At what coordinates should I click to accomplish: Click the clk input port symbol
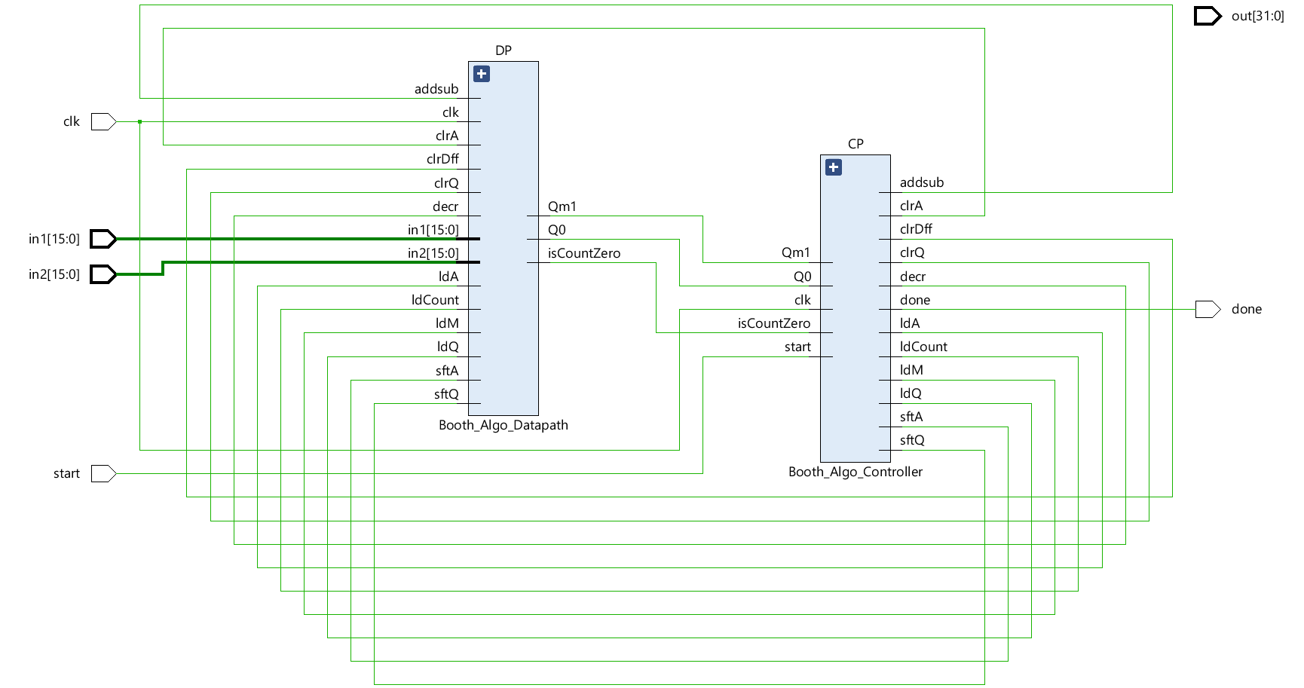click(103, 121)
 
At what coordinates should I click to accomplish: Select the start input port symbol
click(103, 473)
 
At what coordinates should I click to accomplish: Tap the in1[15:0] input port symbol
click(103, 239)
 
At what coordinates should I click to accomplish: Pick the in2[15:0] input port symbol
click(103, 274)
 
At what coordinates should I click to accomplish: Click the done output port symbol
click(1207, 309)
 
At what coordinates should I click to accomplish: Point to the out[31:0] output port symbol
click(1207, 16)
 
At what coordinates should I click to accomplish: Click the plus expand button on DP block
click(482, 74)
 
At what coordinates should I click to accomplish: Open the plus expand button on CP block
click(834, 167)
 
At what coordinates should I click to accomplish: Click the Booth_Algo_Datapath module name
click(504, 425)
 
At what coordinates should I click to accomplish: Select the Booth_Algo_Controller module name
click(856, 472)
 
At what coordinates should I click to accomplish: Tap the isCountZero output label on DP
click(584, 253)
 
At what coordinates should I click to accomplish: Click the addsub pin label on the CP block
click(922, 182)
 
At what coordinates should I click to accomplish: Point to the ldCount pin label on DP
click(435, 300)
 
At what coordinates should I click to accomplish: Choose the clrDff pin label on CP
click(916, 229)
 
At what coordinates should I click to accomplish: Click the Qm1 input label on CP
click(796, 252)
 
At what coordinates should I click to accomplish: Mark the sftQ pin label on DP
click(446, 394)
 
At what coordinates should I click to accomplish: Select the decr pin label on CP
click(913, 277)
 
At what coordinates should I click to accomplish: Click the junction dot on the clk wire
click(140, 121)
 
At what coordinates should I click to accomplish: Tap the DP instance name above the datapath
click(504, 50)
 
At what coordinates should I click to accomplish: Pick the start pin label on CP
click(797, 347)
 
